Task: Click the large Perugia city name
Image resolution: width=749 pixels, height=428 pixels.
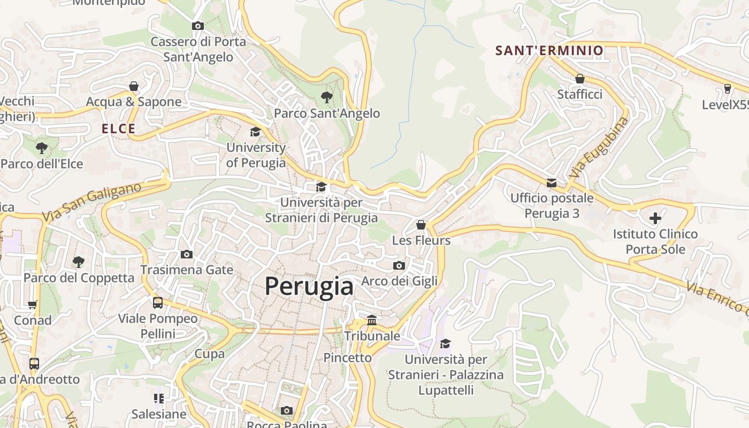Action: click(x=309, y=287)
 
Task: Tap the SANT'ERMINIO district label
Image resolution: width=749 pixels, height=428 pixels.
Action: click(x=549, y=51)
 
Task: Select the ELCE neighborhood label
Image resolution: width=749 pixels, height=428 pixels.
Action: click(x=119, y=129)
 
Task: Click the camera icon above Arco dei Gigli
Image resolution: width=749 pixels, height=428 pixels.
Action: click(x=399, y=265)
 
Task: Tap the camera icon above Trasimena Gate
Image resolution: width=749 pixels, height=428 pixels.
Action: click(x=186, y=254)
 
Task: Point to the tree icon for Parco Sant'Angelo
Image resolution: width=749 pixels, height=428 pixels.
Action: click(x=326, y=97)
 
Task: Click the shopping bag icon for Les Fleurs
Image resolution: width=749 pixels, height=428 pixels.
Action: click(x=421, y=225)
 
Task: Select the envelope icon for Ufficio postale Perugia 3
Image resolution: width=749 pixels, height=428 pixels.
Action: click(x=552, y=183)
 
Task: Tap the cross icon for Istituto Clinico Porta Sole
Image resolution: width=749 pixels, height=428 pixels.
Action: click(x=655, y=218)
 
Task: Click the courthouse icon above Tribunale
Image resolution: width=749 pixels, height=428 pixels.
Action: click(x=372, y=320)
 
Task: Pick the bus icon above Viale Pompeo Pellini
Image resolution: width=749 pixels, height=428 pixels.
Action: click(x=158, y=303)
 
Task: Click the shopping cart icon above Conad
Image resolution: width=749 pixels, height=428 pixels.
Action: click(x=33, y=304)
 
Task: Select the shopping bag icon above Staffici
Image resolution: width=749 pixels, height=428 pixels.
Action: click(x=579, y=79)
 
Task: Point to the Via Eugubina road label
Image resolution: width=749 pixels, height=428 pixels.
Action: click(x=599, y=148)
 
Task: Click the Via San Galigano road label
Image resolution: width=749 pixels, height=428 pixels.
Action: click(x=91, y=202)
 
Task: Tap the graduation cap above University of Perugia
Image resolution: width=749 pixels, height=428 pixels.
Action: click(x=256, y=132)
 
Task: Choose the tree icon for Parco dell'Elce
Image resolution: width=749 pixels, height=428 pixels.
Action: click(x=41, y=148)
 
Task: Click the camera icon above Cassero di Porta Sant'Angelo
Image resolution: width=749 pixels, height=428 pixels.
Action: click(x=198, y=26)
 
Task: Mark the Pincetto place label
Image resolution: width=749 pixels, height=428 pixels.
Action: click(x=347, y=357)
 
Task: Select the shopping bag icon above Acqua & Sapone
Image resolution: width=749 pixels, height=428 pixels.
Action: click(x=134, y=86)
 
